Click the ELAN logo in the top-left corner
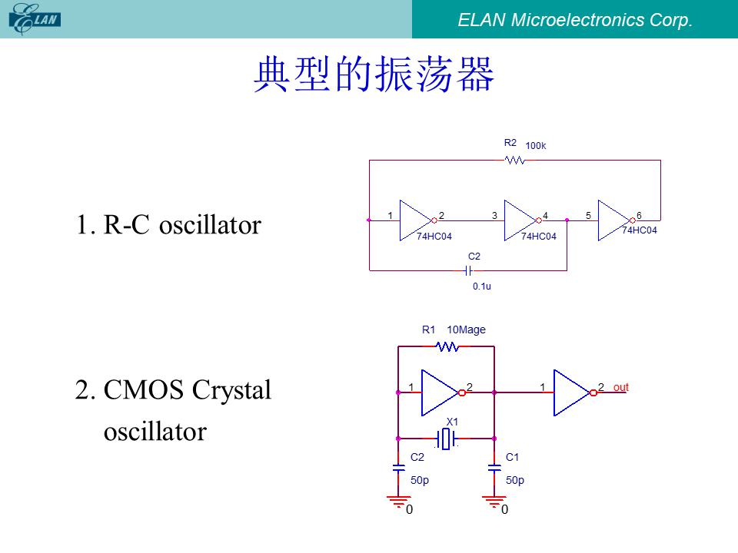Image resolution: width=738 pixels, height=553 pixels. point(35,19)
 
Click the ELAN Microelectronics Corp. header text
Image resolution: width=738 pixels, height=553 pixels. point(575,20)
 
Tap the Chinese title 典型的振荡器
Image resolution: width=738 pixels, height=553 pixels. point(374,74)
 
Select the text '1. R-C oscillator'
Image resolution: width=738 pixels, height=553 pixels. point(168,224)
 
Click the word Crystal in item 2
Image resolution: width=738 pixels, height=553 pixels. point(231,390)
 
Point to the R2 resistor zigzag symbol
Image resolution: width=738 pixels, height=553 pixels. point(514,161)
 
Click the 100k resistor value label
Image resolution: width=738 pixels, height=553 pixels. point(536,146)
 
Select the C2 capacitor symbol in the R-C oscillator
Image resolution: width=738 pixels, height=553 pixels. point(468,271)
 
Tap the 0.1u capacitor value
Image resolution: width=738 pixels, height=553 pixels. point(481,286)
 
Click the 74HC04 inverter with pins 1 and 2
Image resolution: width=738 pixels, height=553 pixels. point(417,220)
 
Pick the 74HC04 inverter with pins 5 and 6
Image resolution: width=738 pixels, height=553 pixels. point(615,220)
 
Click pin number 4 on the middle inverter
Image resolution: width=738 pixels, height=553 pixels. point(546,215)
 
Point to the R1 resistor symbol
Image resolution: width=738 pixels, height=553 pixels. point(447,346)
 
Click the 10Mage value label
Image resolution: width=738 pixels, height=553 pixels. point(466,329)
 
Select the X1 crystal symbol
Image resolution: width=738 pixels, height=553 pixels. point(446,439)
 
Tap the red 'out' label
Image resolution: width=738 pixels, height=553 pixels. point(621,387)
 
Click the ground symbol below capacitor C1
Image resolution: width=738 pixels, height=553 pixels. point(494,502)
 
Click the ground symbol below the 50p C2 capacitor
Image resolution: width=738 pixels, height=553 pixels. point(399,502)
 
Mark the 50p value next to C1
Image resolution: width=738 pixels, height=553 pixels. point(515,480)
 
